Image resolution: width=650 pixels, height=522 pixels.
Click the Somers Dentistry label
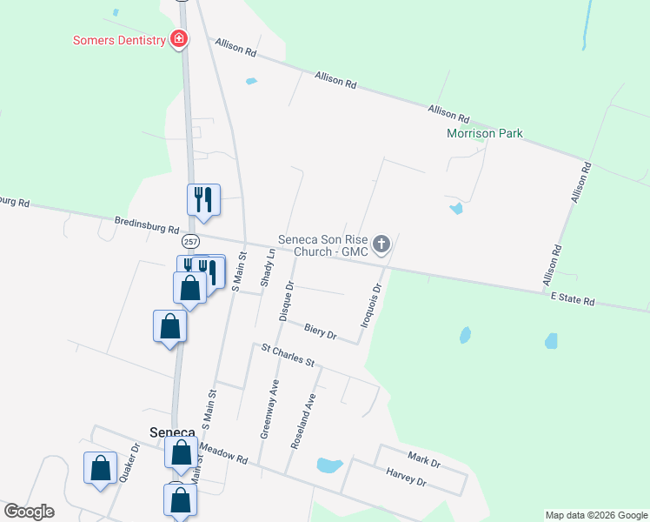(119, 40)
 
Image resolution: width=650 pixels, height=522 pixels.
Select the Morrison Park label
(484, 134)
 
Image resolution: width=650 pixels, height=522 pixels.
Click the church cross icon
(381, 245)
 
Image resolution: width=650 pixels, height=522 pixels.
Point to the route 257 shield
(191, 241)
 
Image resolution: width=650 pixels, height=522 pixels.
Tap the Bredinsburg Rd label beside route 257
(146, 226)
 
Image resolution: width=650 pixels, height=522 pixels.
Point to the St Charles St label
(288, 355)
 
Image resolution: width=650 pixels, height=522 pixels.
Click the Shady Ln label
(269, 268)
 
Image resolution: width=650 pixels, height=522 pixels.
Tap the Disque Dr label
(287, 301)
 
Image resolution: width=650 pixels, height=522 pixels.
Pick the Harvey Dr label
(405, 477)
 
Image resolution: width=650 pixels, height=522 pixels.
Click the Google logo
(29, 512)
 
